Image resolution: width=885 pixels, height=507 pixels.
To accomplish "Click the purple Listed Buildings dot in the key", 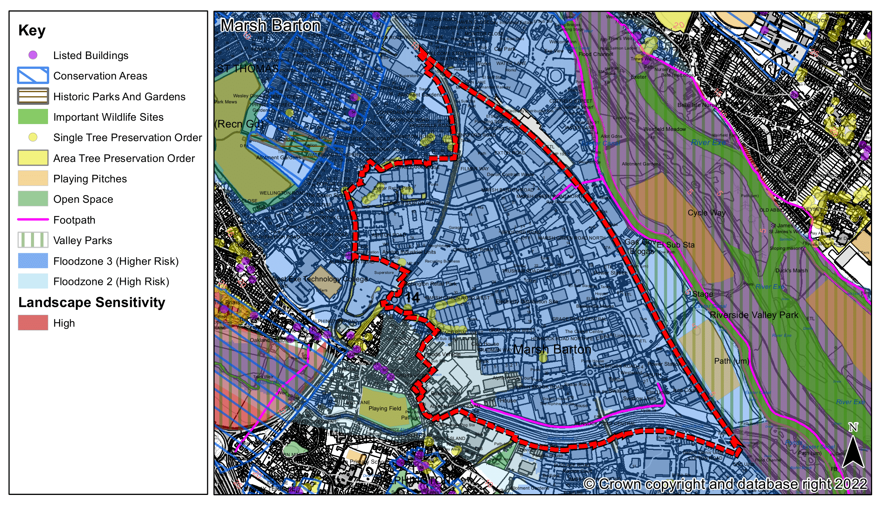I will coord(33,55).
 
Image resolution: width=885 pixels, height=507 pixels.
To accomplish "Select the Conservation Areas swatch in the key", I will coord(33,76).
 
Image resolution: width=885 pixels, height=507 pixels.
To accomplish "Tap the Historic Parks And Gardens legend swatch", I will coord(33,96).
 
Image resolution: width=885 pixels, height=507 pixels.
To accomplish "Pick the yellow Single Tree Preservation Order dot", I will coord(33,137).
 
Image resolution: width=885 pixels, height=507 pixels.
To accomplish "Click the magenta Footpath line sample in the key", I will coord(33,219).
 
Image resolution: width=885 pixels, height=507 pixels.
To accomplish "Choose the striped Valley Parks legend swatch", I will coord(33,240).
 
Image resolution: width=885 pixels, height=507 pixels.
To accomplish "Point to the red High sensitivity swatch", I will coord(33,323).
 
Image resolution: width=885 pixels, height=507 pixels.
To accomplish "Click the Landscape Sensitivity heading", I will coord(92,302).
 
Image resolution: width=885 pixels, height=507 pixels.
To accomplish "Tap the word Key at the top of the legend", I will coord(32,30).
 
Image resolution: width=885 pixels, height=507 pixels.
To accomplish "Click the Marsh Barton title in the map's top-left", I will coord(270,26).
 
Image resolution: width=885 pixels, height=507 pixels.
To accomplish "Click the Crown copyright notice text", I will coord(725,484).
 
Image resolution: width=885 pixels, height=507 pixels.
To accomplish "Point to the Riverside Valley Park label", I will coord(754,315).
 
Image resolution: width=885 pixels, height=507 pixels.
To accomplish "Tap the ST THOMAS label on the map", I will coord(247,69).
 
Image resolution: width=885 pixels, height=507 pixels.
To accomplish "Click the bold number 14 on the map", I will coord(412,297).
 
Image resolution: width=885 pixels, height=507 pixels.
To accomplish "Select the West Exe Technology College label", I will coord(320,279).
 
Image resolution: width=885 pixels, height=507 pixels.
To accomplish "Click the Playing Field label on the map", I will coord(385,409).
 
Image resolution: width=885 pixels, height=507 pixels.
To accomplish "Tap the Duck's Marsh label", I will coord(791,271).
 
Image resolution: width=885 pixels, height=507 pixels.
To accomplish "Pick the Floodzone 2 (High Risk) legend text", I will coord(111,281).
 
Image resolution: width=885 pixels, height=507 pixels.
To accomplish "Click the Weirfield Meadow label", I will coord(665,129).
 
